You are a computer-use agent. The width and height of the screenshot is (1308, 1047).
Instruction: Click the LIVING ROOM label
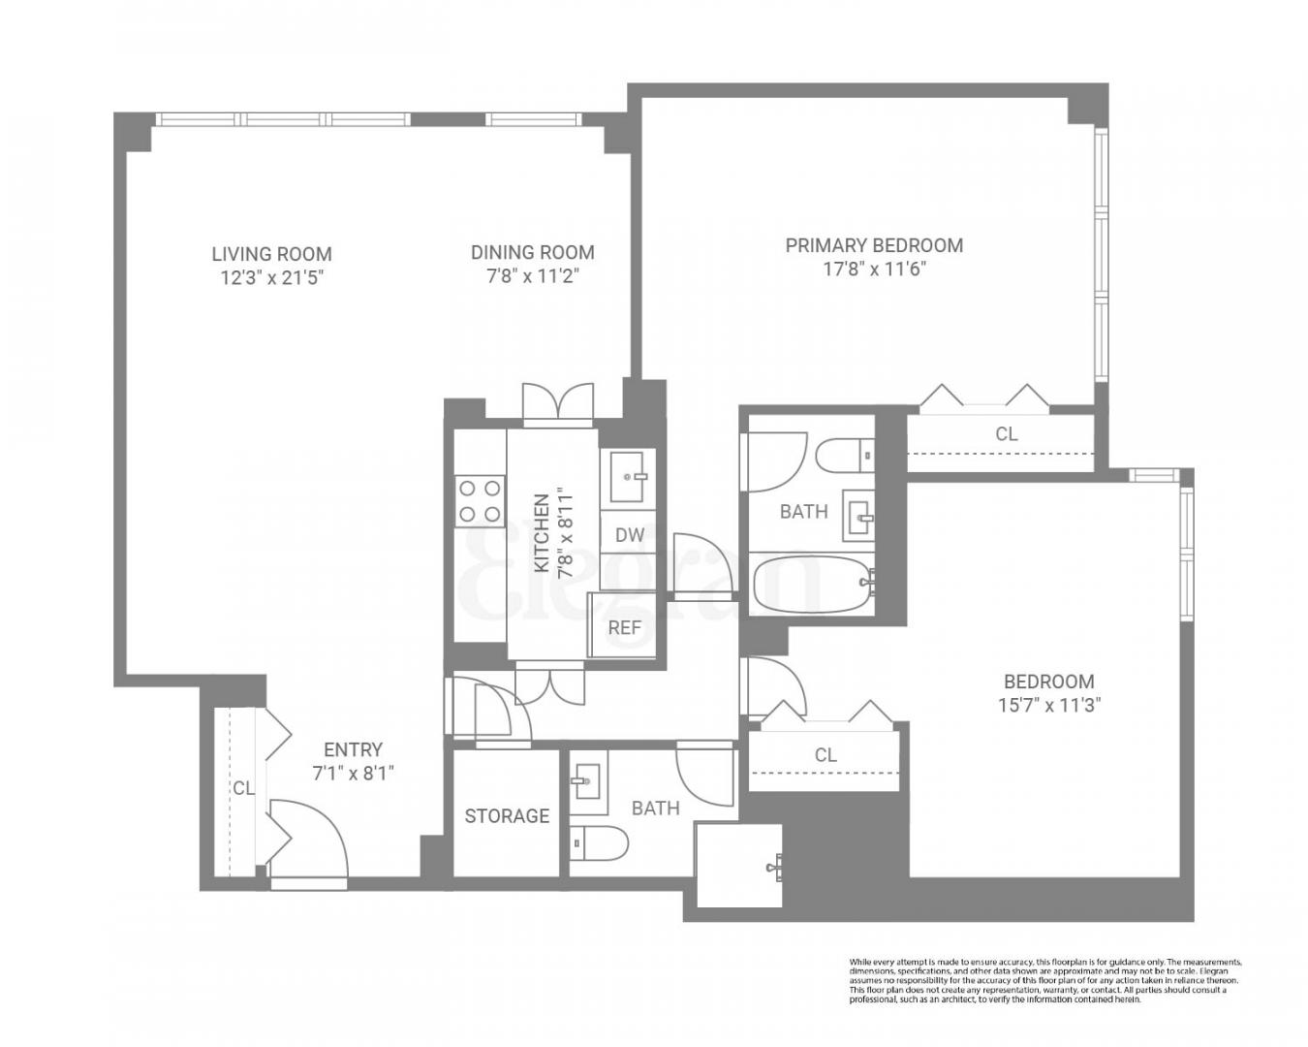(271, 254)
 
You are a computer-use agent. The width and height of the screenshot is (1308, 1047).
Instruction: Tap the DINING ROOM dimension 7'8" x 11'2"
(532, 276)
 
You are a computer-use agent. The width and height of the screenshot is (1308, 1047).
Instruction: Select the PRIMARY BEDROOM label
(873, 245)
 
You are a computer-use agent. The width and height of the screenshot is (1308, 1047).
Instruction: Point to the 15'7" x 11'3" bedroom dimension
(1048, 705)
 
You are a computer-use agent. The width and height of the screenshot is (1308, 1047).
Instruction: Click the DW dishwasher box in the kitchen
(629, 534)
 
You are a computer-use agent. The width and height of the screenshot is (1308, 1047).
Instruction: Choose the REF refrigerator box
(624, 627)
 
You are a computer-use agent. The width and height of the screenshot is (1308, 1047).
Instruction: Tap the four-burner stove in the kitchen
(480, 501)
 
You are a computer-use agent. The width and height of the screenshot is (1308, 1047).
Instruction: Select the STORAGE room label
(507, 815)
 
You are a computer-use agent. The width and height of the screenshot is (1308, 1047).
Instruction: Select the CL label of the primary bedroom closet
(1007, 433)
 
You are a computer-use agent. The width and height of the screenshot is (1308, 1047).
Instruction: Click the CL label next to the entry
(242, 788)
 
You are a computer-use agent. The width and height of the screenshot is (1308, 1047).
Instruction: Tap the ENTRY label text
(353, 749)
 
